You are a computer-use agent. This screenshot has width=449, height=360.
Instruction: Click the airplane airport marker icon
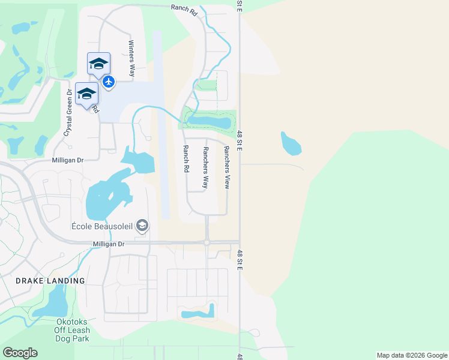pyautogui.click(x=109, y=81)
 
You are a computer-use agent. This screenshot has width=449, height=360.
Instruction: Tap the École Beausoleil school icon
pyautogui.click(x=142, y=226)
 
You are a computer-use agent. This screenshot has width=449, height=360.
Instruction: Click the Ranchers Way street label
pyautogui.click(x=205, y=168)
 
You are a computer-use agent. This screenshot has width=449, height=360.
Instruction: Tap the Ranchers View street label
pyautogui.click(x=227, y=167)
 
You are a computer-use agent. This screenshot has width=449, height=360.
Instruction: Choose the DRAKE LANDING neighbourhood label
pyautogui.click(x=50, y=281)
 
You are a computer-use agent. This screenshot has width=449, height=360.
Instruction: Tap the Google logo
pyautogui.click(x=20, y=353)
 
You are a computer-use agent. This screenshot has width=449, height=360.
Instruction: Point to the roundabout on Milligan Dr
pyautogui.click(x=206, y=242)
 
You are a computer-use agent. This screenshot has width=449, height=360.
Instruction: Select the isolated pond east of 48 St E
pyautogui.click(x=291, y=142)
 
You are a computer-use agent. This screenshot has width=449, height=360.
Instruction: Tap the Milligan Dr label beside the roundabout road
pyautogui.click(x=108, y=244)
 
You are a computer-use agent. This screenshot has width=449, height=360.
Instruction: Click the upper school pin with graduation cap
pyautogui.click(x=98, y=63)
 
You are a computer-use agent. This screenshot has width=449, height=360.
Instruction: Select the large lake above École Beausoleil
pyautogui.click(x=108, y=198)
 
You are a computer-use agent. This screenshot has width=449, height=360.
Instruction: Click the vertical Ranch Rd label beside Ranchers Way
pyautogui.click(x=186, y=159)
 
